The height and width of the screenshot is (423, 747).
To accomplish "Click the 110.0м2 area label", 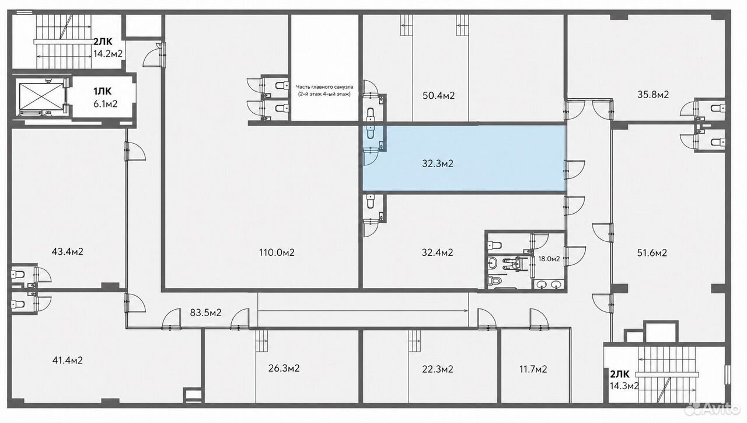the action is tap(277, 252).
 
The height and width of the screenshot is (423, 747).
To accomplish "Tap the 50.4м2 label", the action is tap(438, 96).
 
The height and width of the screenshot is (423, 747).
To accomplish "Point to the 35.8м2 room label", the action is tap(653, 95).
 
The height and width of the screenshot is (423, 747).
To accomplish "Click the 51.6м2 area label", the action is tap(652, 253).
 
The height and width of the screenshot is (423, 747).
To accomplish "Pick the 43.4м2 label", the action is tap(67, 251).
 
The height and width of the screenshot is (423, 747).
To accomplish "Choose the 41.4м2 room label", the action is tap(67, 360).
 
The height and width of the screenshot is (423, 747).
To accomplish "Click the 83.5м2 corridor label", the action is tap(206, 313).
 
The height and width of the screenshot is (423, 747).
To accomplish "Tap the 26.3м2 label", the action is tap(284, 368).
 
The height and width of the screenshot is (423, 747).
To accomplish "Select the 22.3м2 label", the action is tap(438, 369).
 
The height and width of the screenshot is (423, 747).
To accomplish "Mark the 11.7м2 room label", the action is tap(533, 369).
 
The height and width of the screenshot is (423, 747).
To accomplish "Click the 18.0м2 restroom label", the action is tap(549, 258).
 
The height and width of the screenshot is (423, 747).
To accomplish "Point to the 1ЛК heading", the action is tap(102, 91).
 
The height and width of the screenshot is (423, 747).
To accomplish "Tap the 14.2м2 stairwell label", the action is tap(108, 53).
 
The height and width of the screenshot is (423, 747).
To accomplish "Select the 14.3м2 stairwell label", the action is tap(624, 386).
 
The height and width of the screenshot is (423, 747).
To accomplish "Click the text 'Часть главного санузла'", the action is tap(324, 87).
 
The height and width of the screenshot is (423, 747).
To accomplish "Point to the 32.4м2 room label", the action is tap(437, 252).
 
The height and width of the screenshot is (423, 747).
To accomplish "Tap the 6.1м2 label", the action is tap(106, 104).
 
